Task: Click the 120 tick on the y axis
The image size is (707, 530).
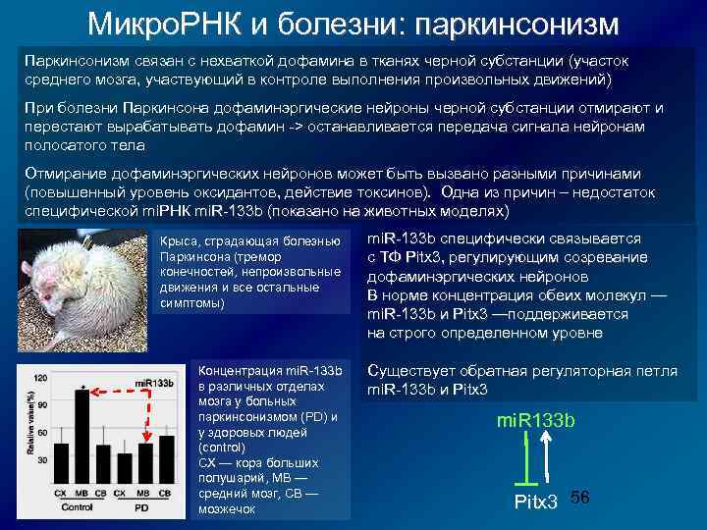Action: pyautogui.click(x=41, y=378)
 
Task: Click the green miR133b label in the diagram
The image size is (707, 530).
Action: pyautogui.click(x=536, y=420)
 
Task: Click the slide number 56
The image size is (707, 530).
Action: pyautogui.click(x=579, y=499)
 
